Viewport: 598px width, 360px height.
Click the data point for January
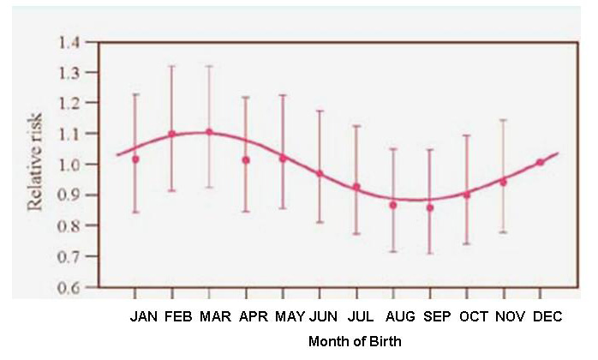[135, 159]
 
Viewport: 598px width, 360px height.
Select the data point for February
[171, 134]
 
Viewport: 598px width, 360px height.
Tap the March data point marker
[208, 132]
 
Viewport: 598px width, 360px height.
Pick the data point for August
[393, 205]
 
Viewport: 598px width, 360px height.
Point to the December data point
[540, 162]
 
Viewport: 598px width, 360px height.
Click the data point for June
[320, 174]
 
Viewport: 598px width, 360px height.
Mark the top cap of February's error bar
[171, 66]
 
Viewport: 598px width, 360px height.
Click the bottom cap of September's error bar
[430, 254]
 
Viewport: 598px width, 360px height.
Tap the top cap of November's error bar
[503, 120]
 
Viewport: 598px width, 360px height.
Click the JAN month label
[144, 317]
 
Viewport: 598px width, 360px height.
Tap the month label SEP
[437, 317]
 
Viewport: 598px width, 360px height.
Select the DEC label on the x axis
[547, 317]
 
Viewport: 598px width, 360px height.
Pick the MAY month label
[290, 317]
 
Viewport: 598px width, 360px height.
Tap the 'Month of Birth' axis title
[355, 341]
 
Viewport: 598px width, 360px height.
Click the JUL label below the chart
[362, 317]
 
